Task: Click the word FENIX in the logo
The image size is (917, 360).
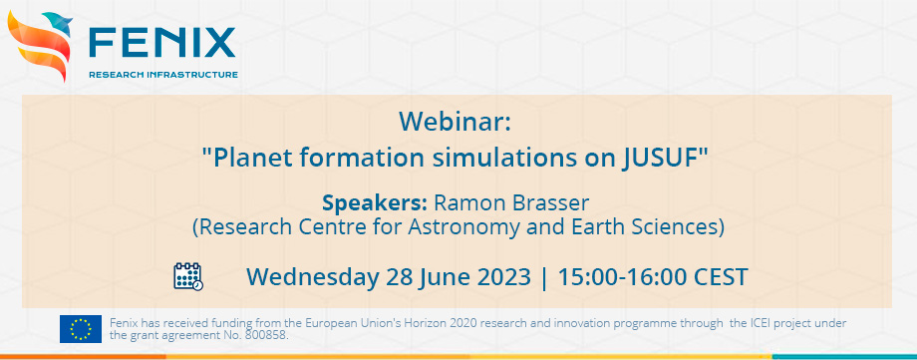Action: click(162, 42)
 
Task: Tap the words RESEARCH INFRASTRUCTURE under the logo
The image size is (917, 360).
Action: click(163, 75)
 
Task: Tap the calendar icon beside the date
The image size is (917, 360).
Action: click(188, 276)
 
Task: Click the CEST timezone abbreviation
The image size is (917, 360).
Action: click(719, 276)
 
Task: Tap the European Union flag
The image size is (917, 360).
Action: click(80, 328)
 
